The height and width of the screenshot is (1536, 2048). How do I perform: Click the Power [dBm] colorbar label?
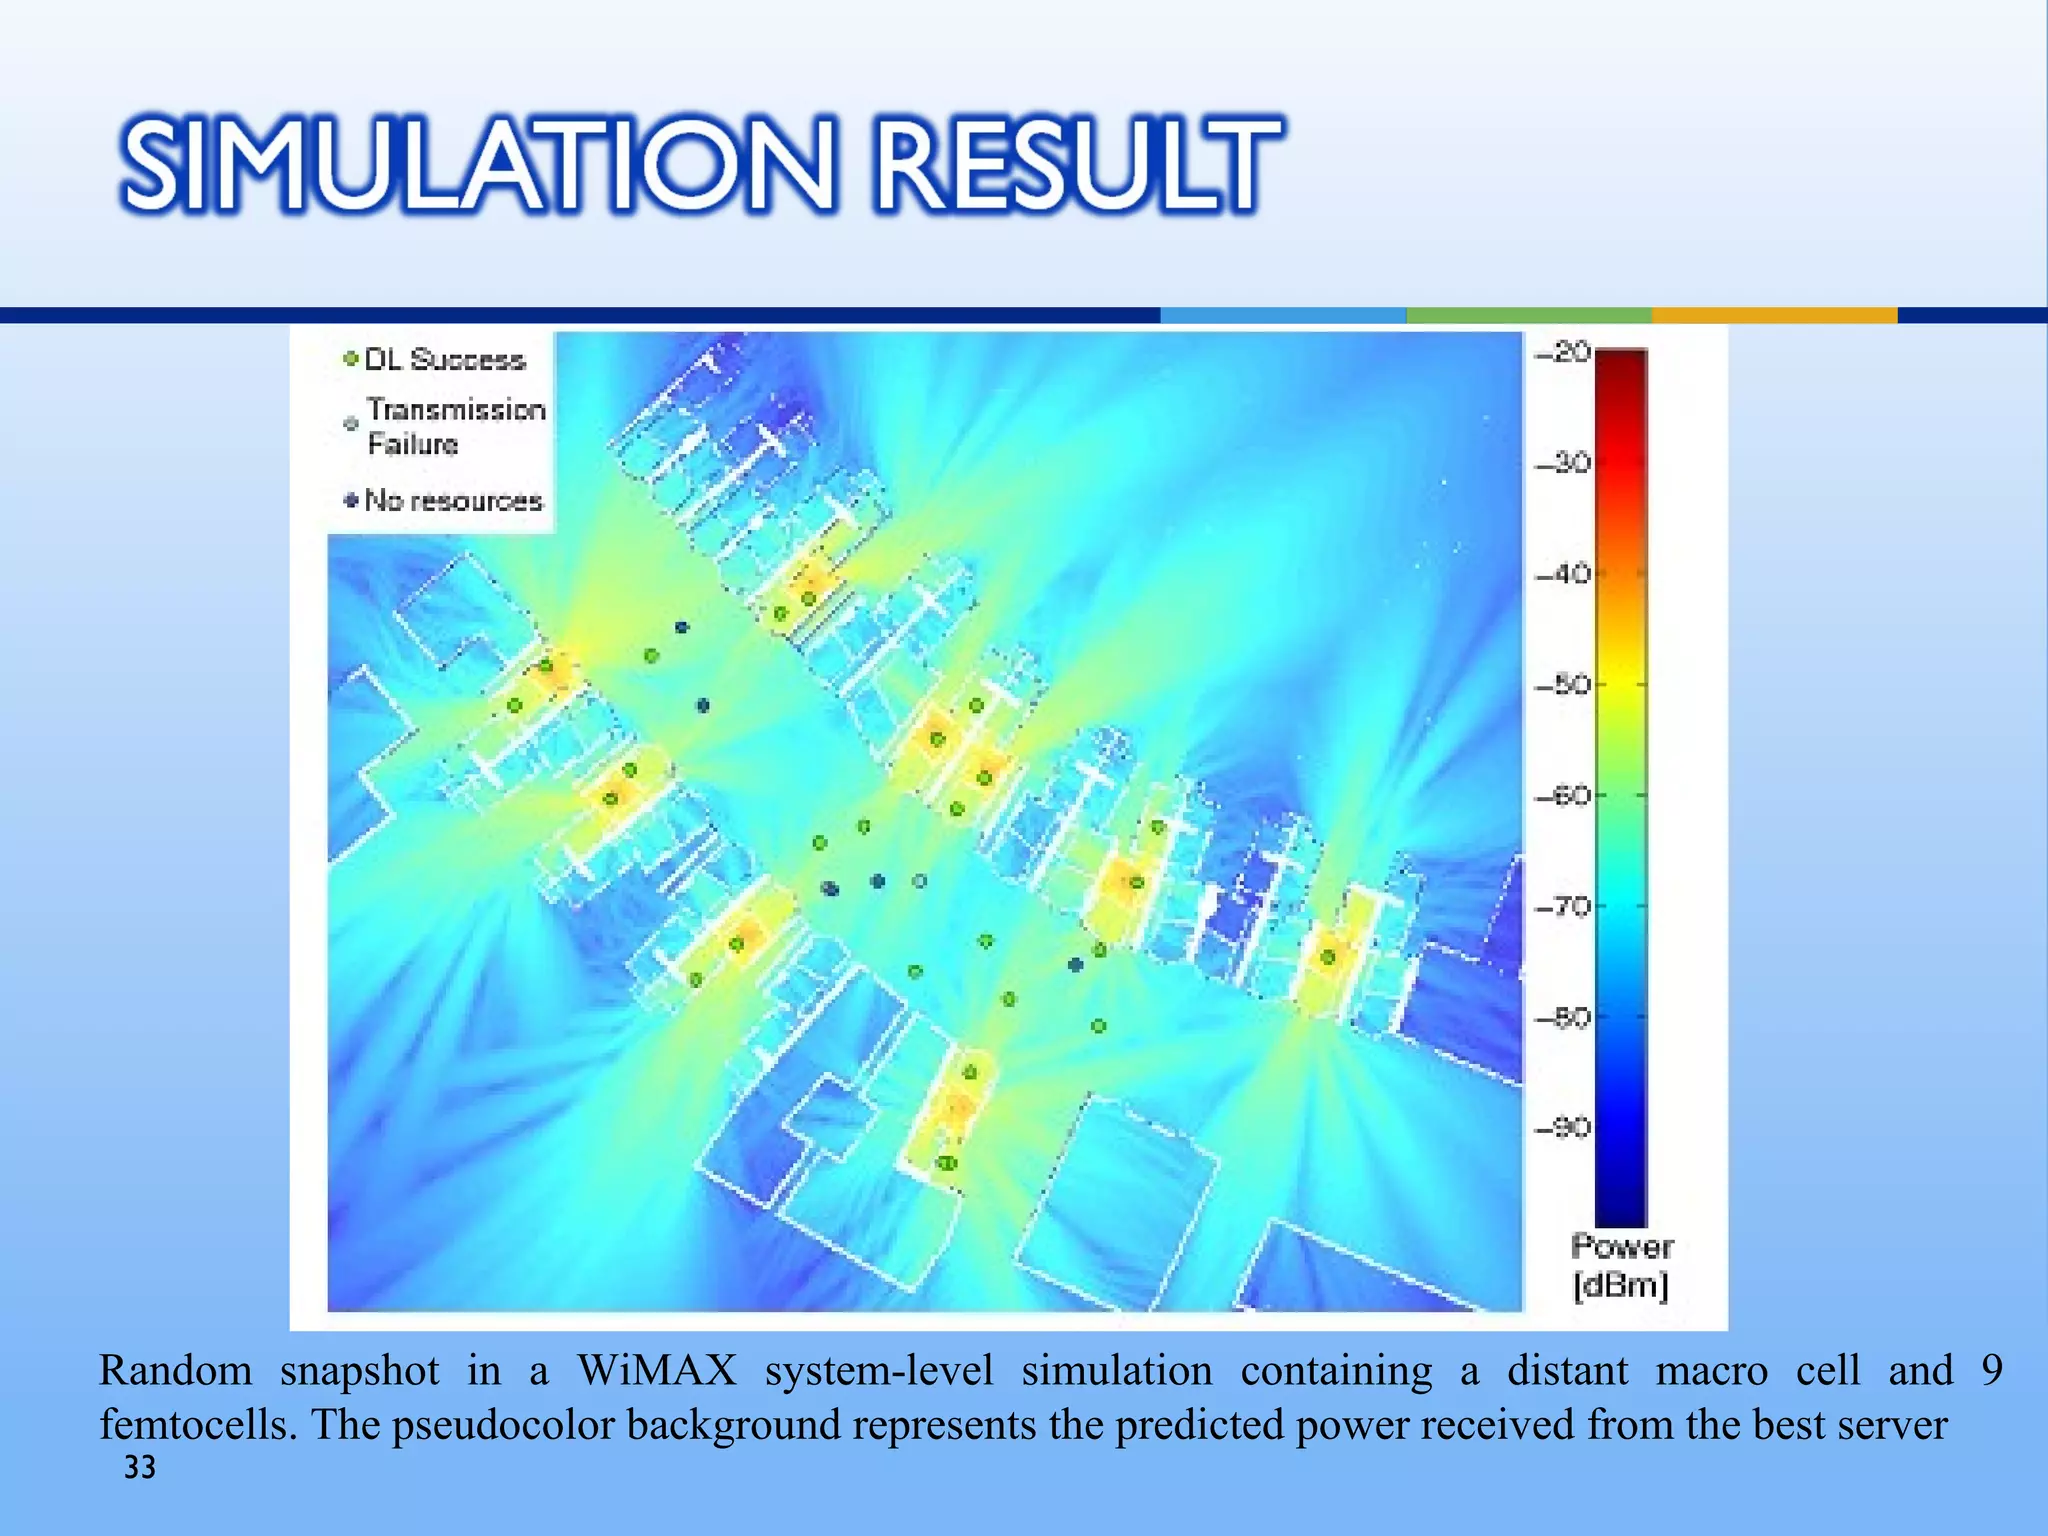tap(1621, 1266)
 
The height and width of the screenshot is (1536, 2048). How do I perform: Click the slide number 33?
tap(140, 1467)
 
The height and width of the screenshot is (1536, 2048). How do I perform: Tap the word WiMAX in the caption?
tap(656, 1370)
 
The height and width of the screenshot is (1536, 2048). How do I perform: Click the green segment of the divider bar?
tap(1528, 315)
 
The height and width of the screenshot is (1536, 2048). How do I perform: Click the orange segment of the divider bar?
tap(1774, 315)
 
